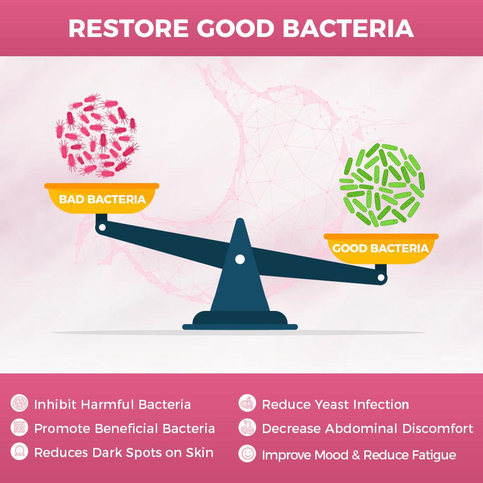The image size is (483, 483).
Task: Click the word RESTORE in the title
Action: tap(128, 28)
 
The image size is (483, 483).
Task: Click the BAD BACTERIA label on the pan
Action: tap(102, 199)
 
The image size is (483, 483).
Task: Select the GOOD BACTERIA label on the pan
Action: tap(380, 248)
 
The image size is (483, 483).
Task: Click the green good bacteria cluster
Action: tap(382, 185)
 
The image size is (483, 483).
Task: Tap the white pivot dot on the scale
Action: tap(239, 260)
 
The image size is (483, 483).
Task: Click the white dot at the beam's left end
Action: tap(101, 226)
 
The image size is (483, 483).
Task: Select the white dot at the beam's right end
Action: tap(381, 277)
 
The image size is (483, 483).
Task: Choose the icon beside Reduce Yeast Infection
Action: tap(247, 404)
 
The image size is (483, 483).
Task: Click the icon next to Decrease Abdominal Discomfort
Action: tap(247, 428)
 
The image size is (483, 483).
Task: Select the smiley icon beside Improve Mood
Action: tap(247, 454)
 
